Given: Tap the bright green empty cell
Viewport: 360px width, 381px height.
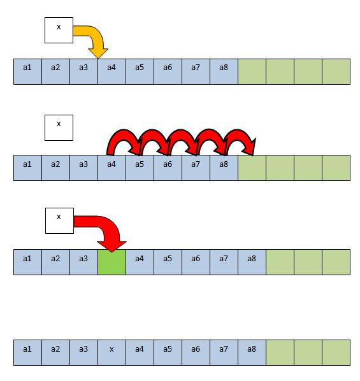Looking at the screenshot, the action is tap(112, 262).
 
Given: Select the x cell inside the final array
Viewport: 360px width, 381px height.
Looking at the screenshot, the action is tap(112, 352).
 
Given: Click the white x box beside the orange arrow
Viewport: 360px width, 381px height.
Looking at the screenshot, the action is tap(59, 30).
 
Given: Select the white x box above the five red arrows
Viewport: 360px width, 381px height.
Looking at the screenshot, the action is tap(59, 127).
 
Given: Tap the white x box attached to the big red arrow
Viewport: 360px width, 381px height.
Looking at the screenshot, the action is tap(59, 220).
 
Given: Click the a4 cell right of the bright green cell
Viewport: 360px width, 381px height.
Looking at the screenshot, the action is tap(140, 262).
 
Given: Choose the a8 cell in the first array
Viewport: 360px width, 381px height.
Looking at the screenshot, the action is tap(224, 72).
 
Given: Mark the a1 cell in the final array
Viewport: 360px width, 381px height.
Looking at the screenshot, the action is tap(27, 352).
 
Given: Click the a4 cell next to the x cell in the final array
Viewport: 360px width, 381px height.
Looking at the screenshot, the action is tap(140, 352).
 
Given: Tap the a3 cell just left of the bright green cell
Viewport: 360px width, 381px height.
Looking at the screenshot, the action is tap(84, 262).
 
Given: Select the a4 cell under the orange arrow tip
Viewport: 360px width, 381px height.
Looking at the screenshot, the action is tap(112, 72).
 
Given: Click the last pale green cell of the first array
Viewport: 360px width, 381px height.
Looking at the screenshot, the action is tap(336, 72).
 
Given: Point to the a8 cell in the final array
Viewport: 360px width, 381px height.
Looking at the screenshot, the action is tap(252, 352).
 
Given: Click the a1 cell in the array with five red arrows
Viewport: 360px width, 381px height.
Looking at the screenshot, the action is tap(27, 168).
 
